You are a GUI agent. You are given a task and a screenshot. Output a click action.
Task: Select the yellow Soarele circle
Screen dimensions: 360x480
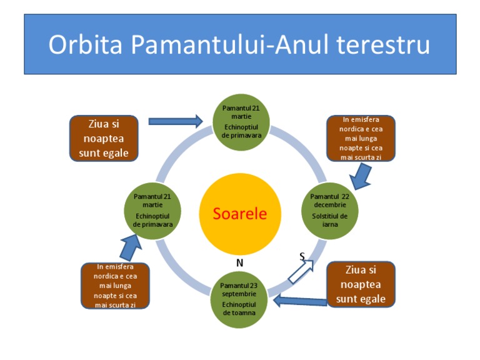[x=239, y=214]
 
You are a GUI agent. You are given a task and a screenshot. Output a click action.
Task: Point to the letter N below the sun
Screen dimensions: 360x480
[x=239, y=263]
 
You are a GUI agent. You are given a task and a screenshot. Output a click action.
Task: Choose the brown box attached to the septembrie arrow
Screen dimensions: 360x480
[x=361, y=284]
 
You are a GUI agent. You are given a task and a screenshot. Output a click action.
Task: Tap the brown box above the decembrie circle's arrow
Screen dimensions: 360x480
[x=361, y=138]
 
